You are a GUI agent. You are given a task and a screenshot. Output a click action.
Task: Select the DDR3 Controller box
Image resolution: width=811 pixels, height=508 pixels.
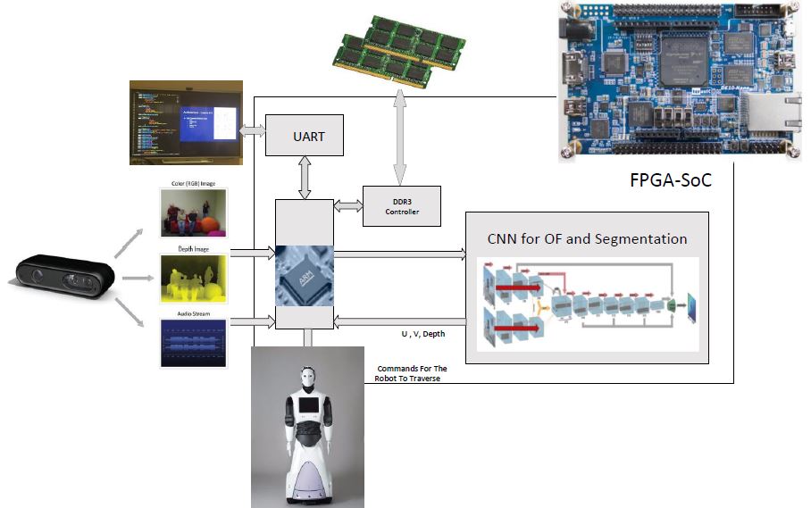402,206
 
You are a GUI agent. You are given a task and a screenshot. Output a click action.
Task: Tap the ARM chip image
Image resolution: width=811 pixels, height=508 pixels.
304,275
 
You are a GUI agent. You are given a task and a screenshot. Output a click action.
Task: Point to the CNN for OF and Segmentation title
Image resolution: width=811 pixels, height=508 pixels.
587,238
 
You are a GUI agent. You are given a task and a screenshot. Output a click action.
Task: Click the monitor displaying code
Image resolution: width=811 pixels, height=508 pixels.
184,123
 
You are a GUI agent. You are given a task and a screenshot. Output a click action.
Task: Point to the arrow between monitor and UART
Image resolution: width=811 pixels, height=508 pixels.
252,129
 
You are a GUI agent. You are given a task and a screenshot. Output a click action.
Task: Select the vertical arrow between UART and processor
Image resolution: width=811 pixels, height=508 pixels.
305,180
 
